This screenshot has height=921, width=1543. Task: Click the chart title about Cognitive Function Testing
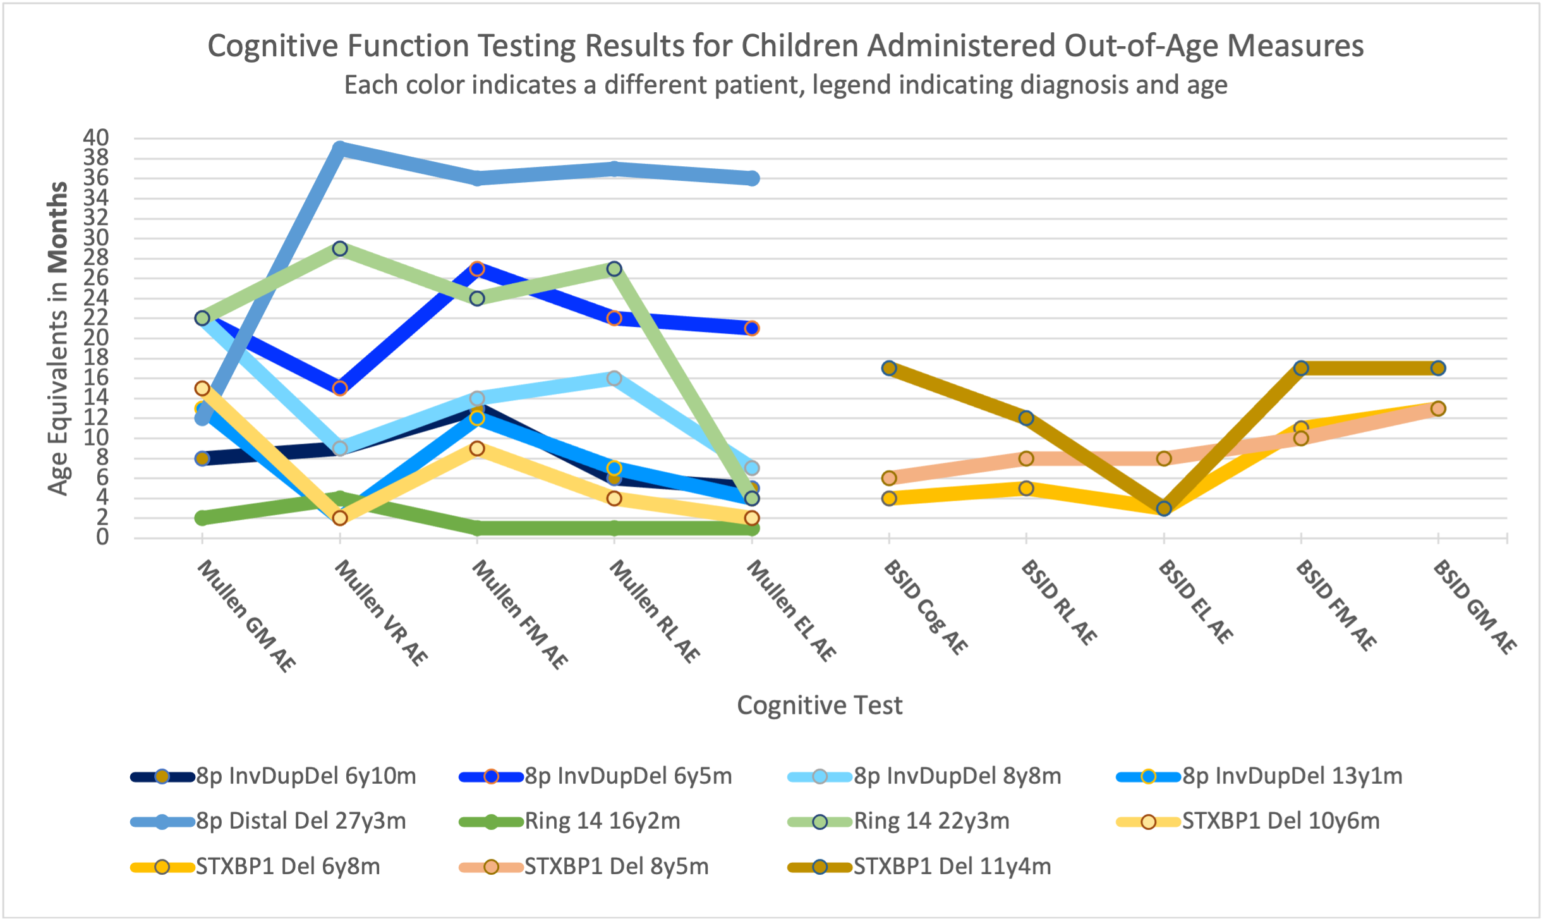(x=785, y=46)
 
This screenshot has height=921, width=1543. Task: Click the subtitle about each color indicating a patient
(x=785, y=85)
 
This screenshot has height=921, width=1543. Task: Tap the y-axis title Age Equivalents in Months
(x=57, y=338)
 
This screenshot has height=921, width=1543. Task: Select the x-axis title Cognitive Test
(x=820, y=705)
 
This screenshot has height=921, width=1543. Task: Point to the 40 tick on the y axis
(x=96, y=137)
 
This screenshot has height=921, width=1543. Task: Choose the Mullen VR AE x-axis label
(x=381, y=613)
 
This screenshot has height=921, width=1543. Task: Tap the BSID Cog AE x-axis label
(x=926, y=607)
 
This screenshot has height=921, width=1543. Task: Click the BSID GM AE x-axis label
(x=1475, y=607)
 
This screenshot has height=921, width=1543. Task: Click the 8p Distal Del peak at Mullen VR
(x=340, y=149)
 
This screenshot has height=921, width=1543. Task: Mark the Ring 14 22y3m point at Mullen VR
(x=340, y=249)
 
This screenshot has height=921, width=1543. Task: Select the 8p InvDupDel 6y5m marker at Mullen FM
(x=477, y=269)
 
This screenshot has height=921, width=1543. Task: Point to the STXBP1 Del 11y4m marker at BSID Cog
(x=889, y=368)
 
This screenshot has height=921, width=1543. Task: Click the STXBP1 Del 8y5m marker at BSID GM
(x=1438, y=408)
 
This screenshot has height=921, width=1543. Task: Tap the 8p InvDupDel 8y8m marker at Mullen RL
(x=614, y=378)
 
